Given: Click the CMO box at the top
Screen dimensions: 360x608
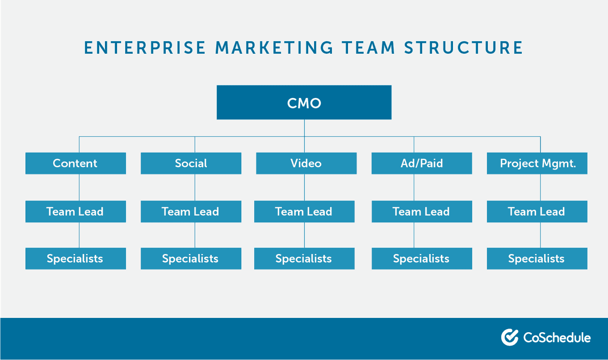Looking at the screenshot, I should [304, 102].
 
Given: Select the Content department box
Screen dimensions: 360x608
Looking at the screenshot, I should [75, 163].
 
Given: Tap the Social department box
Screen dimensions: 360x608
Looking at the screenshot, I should [191, 163].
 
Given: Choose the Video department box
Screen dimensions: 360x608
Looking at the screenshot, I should [306, 163].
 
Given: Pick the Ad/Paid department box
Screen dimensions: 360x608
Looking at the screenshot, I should [422, 163].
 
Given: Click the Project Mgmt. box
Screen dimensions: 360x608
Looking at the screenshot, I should [537, 163].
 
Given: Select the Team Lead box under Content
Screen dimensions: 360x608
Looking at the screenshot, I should [75, 211].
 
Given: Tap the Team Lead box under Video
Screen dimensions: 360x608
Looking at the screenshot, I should [304, 211].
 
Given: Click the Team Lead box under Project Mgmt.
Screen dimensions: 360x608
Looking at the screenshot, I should [537, 211].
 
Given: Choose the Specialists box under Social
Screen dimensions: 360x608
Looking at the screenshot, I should [191, 259].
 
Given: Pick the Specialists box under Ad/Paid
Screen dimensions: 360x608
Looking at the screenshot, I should [422, 259].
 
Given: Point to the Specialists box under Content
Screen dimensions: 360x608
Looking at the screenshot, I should [75, 259].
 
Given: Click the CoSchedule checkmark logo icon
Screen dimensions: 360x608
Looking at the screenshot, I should [509, 337].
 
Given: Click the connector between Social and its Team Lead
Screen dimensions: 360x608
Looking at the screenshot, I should [195, 188].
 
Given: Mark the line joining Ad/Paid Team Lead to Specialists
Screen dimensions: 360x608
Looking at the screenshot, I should [414, 235].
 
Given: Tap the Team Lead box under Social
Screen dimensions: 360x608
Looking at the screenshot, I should [191, 211].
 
